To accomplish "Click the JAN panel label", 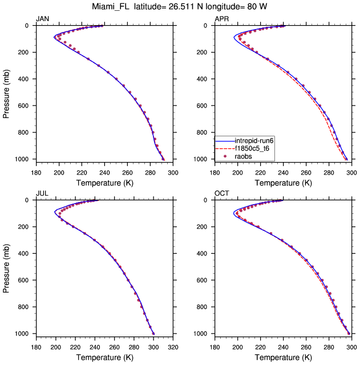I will pyautogui.click(x=42, y=19).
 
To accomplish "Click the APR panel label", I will pyautogui.click(x=221, y=19).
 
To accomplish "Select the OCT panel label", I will pyautogui.click(x=221, y=194).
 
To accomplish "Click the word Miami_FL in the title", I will pyautogui.click(x=113, y=7).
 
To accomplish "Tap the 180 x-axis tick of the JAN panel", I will pyautogui.click(x=35, y=172).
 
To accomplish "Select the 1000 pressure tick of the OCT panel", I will pyautogui.click(x=204, y=334).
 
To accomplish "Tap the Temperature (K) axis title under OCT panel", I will pyautogui.click(x=284, y=357).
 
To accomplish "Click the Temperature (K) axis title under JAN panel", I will pyautogui.click(x=104, y=182).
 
